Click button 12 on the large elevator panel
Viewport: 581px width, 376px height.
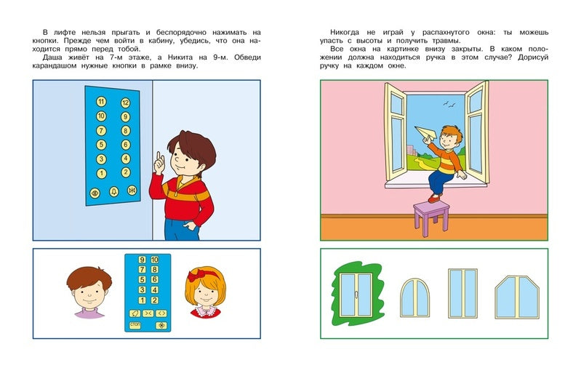125,103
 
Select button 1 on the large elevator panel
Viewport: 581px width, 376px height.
100,172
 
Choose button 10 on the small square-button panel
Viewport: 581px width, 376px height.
154,260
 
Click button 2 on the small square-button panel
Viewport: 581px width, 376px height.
154,300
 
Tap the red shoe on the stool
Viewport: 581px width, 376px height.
434,197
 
